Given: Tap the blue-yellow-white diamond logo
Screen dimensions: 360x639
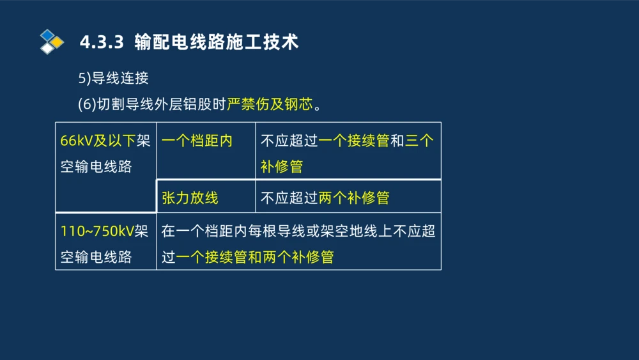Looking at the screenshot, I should pos(51,42).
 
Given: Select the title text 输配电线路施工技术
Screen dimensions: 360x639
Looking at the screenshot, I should pos(217,42).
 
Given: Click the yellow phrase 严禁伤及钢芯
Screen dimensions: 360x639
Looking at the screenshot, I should pos(270,104).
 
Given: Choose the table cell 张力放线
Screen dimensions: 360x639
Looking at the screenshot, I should pos(190,198).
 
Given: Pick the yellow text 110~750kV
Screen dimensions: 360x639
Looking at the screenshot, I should pos(98,231).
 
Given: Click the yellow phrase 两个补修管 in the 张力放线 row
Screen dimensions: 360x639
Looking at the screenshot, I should pos(353,198).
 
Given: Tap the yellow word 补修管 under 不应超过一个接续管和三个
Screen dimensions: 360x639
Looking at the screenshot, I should pos(282,167).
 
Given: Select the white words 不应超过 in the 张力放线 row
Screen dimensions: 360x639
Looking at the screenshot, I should pos(289,198).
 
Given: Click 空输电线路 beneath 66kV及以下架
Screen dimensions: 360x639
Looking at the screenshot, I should pos(96,167).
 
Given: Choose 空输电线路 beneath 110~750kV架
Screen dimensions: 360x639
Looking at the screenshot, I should pos(96,257).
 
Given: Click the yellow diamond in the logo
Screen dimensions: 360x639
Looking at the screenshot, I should pos(58,42).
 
